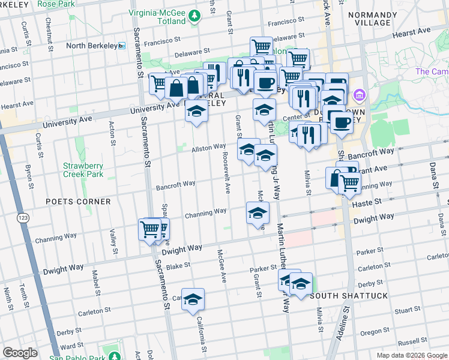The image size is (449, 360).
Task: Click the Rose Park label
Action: click(x=56, y=4)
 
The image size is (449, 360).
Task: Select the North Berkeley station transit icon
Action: click(x=121, y=46)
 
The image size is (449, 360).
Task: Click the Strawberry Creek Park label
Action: click(x=83, y=170)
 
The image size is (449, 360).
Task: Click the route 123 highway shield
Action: click(x=23, y=217)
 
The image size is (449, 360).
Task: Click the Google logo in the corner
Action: click(x=20, y=353)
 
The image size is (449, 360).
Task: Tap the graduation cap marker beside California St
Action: click(x=193, y=299)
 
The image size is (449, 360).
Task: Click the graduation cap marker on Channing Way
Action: click(x=257, y=212)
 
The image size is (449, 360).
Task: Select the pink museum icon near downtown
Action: click(x=360, y=95)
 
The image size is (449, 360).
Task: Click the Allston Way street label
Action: click(x=208, y=148)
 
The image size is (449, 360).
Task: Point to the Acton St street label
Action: click(x=112, y=134)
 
